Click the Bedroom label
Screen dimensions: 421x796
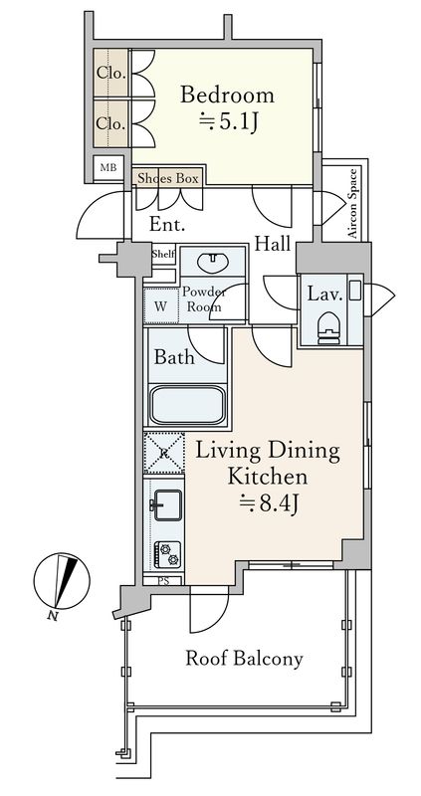click(x=227, y=95)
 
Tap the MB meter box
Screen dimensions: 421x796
click(x=107, y=168)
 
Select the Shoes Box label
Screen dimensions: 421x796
click(x=167, y=178)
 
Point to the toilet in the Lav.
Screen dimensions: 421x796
click(x=328, y=328)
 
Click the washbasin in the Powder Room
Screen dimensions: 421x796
click(x=213, y=262)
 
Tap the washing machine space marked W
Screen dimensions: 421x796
click(x=160, y=306)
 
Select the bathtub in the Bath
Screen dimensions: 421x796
click(x=187, y=405)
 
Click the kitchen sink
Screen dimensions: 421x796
click(x=167, y=504)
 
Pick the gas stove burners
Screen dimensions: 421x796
click(x=167, y=553)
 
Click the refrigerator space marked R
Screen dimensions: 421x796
click(x=163, y=453)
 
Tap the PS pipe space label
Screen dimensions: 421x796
click(x=163, y=581)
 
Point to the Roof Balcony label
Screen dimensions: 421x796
click(x=244, y=659)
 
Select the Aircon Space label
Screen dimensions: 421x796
click(x=353, y=204)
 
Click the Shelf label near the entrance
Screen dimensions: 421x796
click(x=163, y=254)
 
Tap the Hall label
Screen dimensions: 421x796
click(x=272, y=244)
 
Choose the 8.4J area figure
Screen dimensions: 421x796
click(x=268, y=505)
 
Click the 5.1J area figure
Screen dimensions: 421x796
click(x=227, y=122)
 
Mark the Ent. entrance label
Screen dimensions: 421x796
click(x=166, y=225)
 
